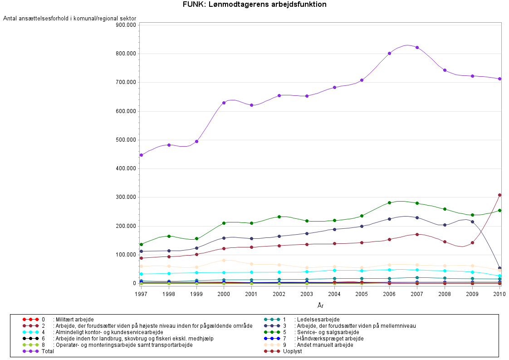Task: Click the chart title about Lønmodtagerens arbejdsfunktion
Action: (254, 5)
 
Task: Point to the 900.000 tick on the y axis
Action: (126, 25)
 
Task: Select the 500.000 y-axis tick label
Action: (126, 140)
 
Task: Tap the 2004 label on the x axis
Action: (334, 295)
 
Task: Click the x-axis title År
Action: (320, 306)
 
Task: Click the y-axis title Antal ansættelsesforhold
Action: (69, 18)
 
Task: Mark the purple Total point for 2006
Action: (389, 53)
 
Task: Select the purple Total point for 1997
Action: (141, 155)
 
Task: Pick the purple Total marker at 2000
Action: (224, 103)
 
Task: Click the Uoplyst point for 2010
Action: (499, 195)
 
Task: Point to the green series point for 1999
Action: (196, 239)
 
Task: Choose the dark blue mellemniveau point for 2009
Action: (472, 222)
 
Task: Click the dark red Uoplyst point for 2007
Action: (417, 234)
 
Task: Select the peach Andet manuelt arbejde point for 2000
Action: (224, 260)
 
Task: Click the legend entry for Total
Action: (47, 351)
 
